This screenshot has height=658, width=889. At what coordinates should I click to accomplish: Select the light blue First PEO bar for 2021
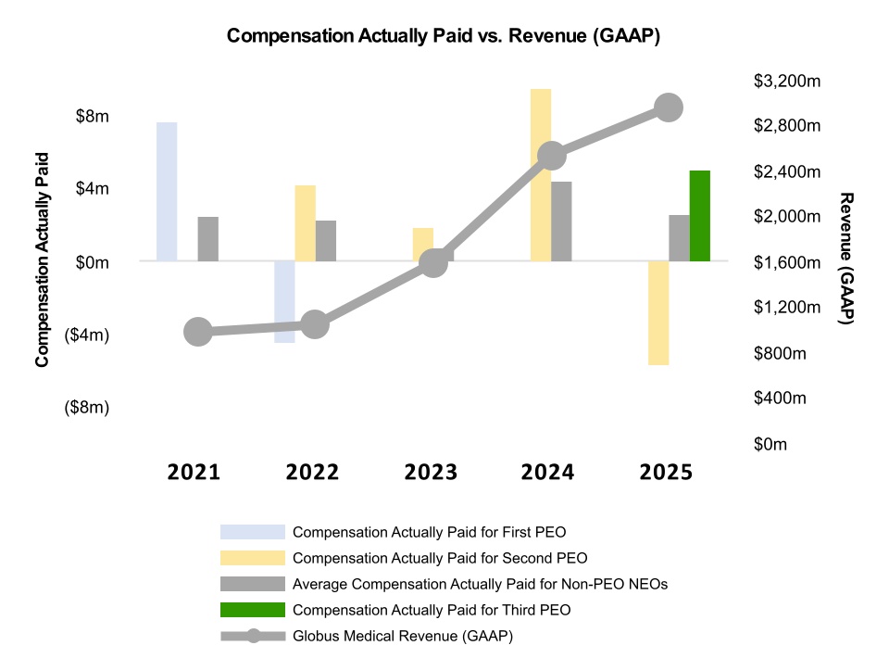pyautogui.click(x=167, y=191)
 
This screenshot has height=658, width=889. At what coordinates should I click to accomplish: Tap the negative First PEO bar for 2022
pyautogui.click(x=284, y=302)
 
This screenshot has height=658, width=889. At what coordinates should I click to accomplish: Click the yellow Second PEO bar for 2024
pyautogui.click(x=541, y=174)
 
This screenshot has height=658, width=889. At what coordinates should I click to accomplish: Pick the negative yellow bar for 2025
pyautogui.click(x=658, y=313)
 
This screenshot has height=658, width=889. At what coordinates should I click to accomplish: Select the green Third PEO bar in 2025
pyautogui.click(x=700, y=216)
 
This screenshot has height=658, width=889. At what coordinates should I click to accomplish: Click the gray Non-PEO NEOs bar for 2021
pyautogui.click(x=208, y=239)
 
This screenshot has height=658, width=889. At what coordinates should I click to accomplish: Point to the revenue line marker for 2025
pyautogui.click(x=669, y=108)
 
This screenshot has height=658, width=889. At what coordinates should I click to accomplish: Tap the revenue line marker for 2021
pyautogui.click(x=197, y=332)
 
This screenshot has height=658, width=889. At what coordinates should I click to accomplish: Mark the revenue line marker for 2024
pyautogui.click(x=552, y=155)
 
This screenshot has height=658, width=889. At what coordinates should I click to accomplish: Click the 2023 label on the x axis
pyautogui.click(x=431, y=473)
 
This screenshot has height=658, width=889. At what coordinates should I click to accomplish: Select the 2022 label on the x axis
pyautogui.click(x=312, y=473)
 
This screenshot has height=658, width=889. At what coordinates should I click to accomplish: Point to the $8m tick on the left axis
pyautogui.click(x=91, y=117)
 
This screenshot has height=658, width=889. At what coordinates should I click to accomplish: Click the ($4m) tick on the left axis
pyautogui.click(x=86, y=335)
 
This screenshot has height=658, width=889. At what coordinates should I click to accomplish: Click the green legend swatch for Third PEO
pyautogui.click(x=252, y=610)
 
